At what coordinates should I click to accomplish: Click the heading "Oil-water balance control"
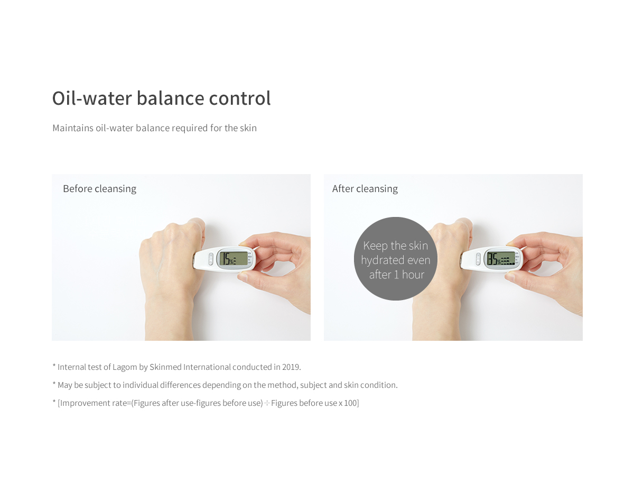(x=161, y=98)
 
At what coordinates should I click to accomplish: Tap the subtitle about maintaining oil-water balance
(x=154, y=128)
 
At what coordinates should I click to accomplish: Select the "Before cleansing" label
(x=99, y=189)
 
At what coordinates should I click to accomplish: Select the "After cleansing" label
(x=365, y=189)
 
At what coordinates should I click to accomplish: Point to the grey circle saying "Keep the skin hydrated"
(x=396, y=259)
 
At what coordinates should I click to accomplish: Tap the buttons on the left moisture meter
(x=210, y=259)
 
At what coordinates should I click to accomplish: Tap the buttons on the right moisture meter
(x=478, y=259)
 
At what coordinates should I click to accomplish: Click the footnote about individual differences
(x=225, y=385)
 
